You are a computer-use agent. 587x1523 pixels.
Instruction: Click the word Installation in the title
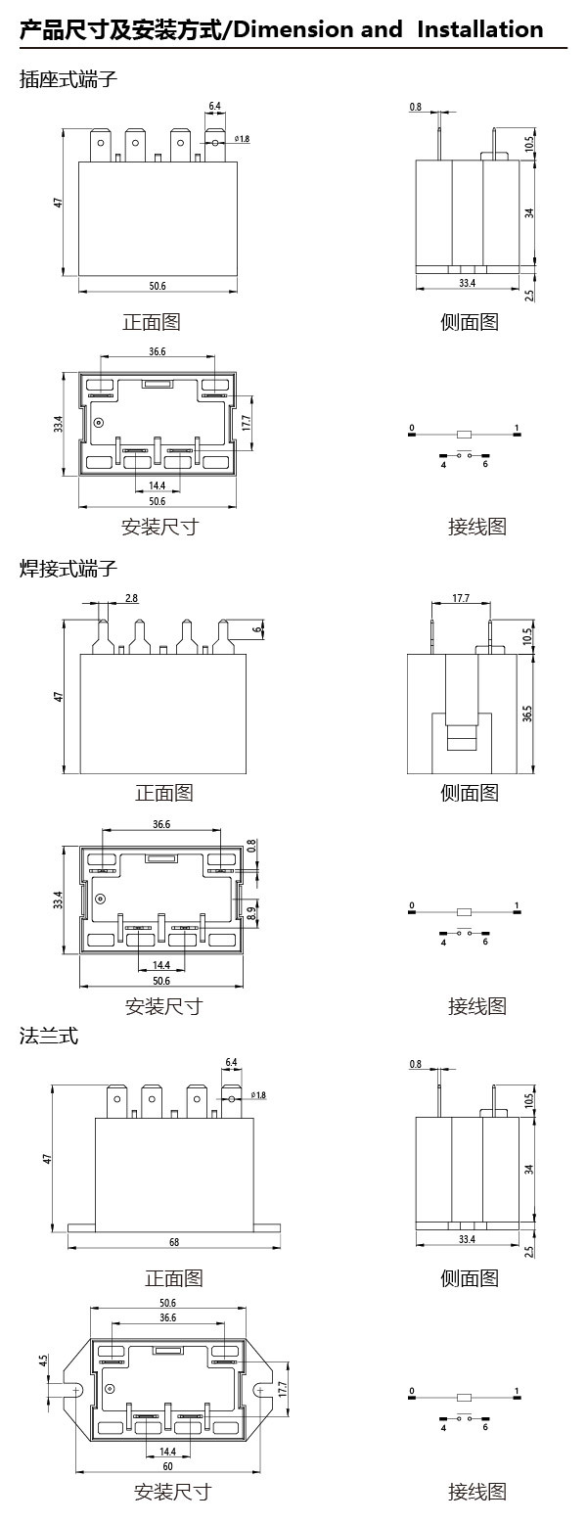tap(479, 29)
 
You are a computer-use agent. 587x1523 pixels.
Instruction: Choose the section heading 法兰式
tap(49, 1036)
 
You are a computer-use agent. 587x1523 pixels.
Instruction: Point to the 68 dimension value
tap(174, 1242)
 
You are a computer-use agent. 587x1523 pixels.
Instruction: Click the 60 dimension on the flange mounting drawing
tap(168, 1466)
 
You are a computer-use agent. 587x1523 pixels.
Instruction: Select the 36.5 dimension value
tap(527, 714)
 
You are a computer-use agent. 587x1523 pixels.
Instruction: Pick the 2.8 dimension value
tap(132, 598)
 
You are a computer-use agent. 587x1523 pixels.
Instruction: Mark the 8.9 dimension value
tap(251, 913)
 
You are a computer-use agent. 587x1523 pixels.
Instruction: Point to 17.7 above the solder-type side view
tap(461, 599)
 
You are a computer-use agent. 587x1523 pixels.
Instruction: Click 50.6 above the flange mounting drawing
tap(167, 1303)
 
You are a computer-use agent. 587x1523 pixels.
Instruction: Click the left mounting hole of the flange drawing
tap(76, 1389)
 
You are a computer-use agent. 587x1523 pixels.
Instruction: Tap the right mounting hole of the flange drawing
tap(260, 1389)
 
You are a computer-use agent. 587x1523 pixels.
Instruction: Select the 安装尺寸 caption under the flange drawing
tap(172, 1493)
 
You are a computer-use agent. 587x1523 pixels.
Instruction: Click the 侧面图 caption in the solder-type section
tap(470, 793)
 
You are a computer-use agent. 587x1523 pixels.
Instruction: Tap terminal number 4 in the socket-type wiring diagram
tap(442, 464)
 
